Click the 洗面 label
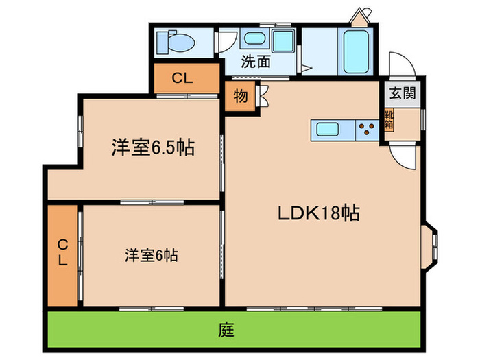coord(255,62)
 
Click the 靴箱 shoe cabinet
coord(389,121)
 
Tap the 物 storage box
coord(240,96)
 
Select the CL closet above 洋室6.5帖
coord(182,78)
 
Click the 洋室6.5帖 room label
coord(152,147)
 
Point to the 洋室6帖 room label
coord(152,256)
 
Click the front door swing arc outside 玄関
coord(400,64)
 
